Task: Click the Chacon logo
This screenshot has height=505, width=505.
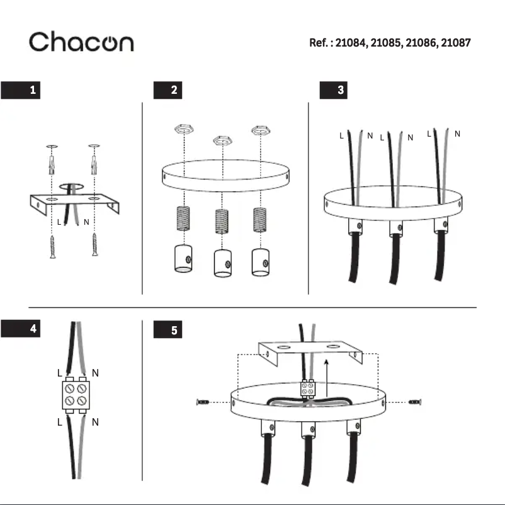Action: [81, 42]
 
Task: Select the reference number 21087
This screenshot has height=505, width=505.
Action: [455, 43]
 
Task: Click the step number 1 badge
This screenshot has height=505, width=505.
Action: [21, 90]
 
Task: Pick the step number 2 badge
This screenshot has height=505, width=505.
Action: [168, 90]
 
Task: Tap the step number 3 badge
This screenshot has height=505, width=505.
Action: [334, 90]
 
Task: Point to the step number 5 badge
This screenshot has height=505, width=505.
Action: [168, 330]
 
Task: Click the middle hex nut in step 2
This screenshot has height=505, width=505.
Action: [220, 139]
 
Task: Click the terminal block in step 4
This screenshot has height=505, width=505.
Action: [76, 395]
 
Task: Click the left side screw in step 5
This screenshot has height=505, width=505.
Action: [205, 402]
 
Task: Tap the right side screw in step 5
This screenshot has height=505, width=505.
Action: [415, 402]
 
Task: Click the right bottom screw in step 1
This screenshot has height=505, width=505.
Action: [94, 245]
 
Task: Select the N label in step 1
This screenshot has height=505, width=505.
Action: [86, 222]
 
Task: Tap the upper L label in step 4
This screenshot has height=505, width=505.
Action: [59, 373]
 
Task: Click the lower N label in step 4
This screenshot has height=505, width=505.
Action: [95, 423]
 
